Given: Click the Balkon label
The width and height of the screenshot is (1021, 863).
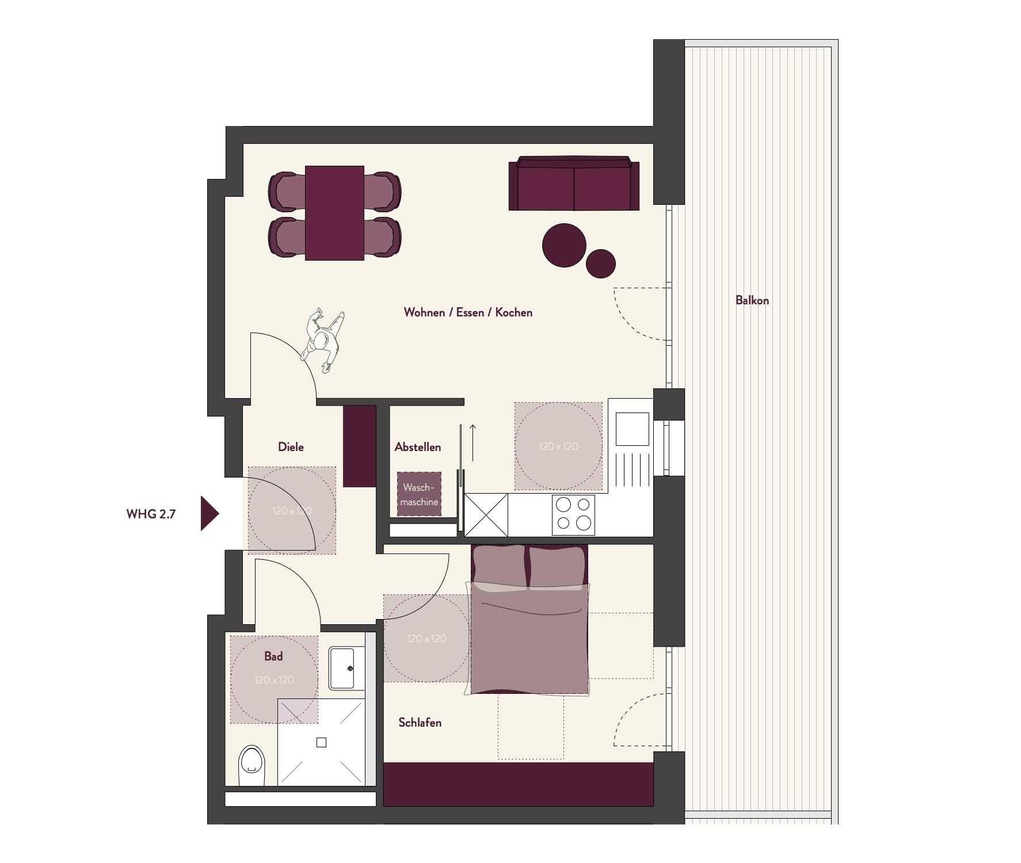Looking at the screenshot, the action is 752,300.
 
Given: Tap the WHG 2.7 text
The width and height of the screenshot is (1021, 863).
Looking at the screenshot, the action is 151,514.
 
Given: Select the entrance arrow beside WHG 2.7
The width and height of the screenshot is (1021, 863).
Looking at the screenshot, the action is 209,513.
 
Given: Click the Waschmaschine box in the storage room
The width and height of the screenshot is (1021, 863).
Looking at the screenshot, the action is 419,494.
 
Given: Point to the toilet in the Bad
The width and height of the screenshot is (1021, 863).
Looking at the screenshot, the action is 252,766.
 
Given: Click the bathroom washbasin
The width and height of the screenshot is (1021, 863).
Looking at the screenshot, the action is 346,668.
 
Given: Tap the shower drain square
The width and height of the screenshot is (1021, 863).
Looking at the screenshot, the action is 321,743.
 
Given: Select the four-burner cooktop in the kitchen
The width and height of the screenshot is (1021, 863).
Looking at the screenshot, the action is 573,514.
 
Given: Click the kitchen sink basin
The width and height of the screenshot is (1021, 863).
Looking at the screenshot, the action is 633,429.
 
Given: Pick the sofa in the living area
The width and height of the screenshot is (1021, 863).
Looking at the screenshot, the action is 574,184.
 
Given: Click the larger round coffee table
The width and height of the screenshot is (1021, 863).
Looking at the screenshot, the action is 564,246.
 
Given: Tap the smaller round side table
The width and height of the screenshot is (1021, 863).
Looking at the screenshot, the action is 601,264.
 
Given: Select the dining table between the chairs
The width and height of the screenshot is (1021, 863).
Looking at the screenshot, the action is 334,213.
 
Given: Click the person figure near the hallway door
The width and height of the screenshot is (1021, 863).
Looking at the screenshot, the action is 323,341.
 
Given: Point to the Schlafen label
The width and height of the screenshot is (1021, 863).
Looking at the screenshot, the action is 420,723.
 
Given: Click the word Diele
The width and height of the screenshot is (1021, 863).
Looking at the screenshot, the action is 291,447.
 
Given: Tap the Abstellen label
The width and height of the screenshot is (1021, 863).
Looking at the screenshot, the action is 418,447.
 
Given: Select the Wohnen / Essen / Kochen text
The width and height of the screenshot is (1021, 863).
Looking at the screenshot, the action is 468,312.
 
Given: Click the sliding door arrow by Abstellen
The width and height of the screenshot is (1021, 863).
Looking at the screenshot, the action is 473,442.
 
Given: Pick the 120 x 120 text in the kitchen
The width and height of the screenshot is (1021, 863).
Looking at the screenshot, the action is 558,446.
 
